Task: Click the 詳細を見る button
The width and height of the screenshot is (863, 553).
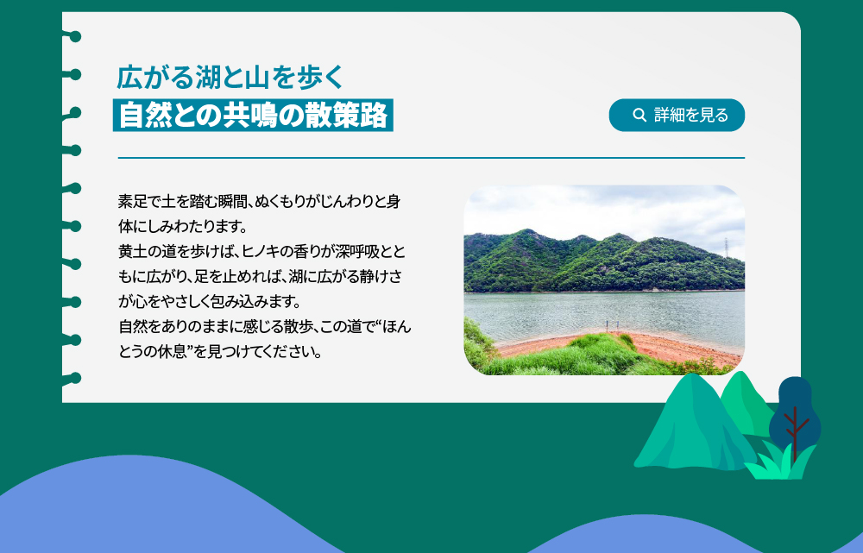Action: coord(677,115)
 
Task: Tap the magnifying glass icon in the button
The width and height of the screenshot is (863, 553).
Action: coord(639,115)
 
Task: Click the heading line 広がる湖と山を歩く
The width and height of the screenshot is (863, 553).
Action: coord(230,77)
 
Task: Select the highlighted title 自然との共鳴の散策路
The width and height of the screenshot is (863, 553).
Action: coord(253,115)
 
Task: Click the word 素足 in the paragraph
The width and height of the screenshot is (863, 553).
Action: coord(132,201)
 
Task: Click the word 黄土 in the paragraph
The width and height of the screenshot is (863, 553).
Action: coord(132,251)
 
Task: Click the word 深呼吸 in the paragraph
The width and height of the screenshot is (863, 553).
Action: coord(358,251)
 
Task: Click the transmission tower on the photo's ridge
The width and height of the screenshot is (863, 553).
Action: coord(727,247)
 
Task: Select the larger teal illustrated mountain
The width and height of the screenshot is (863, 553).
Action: coord(695,424)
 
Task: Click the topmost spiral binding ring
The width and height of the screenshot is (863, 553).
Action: coord(73,37)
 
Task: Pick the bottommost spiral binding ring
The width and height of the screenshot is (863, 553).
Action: coord(73,379)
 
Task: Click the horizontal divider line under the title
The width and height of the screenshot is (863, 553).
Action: coord(431,158)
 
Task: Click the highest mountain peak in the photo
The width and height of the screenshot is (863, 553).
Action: coord(528,230)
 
